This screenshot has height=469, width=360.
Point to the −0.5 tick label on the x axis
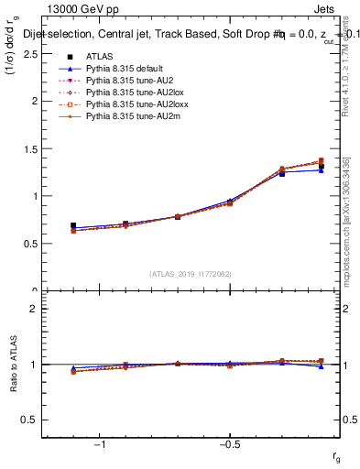pyautogui.click(x=228, y=443)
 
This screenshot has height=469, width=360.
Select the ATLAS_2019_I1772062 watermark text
pyautogui.click(x=191, y=273)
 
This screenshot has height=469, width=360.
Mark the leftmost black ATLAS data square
pyautogui.click(x=73, y=225)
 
